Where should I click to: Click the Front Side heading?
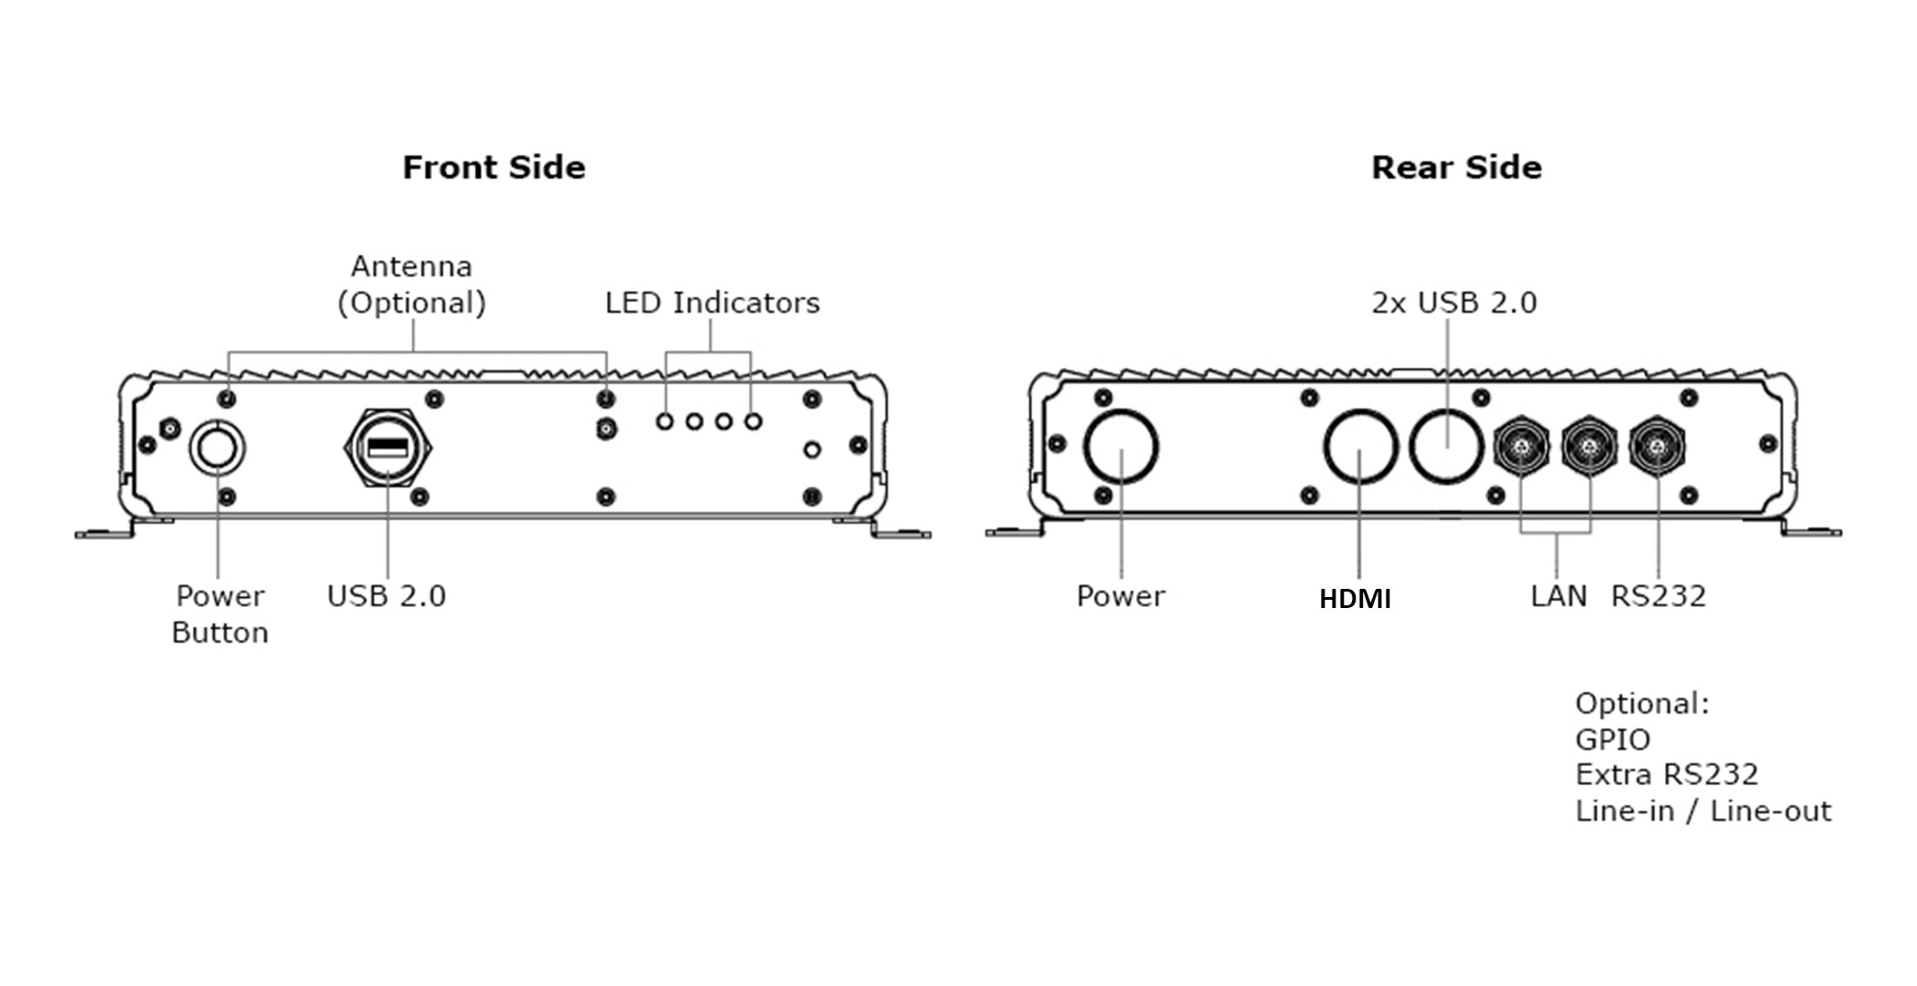tap(494, 167)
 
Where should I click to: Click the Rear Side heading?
tap(1456, 167)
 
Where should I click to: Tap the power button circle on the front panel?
tap(217, 448)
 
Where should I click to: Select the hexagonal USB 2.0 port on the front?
tap(387, 447)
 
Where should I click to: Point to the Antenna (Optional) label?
tap(412, 284)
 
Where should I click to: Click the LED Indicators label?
tap(712, 302)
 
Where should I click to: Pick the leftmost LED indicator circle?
tap(665, 422)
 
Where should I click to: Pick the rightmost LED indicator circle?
tap(753, 422)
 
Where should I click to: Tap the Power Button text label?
tap(220, 614)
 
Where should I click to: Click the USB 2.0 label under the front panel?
tap(386, 596)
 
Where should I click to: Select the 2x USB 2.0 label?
tap(1454, 302)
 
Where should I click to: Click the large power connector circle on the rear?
tap(1121, 447)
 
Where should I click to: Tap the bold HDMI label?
tap(1355, 599)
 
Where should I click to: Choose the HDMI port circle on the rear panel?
tap(1360, 447)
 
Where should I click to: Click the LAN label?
tap(1558, 596)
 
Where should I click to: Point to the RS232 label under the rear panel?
tap(1658, 596)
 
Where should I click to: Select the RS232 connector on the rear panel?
tap(1658, 447)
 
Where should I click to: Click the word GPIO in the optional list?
tap(1612, 739)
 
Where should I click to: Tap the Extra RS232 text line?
tap(1666, 774)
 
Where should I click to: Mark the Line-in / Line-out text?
tap(1702, 811)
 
